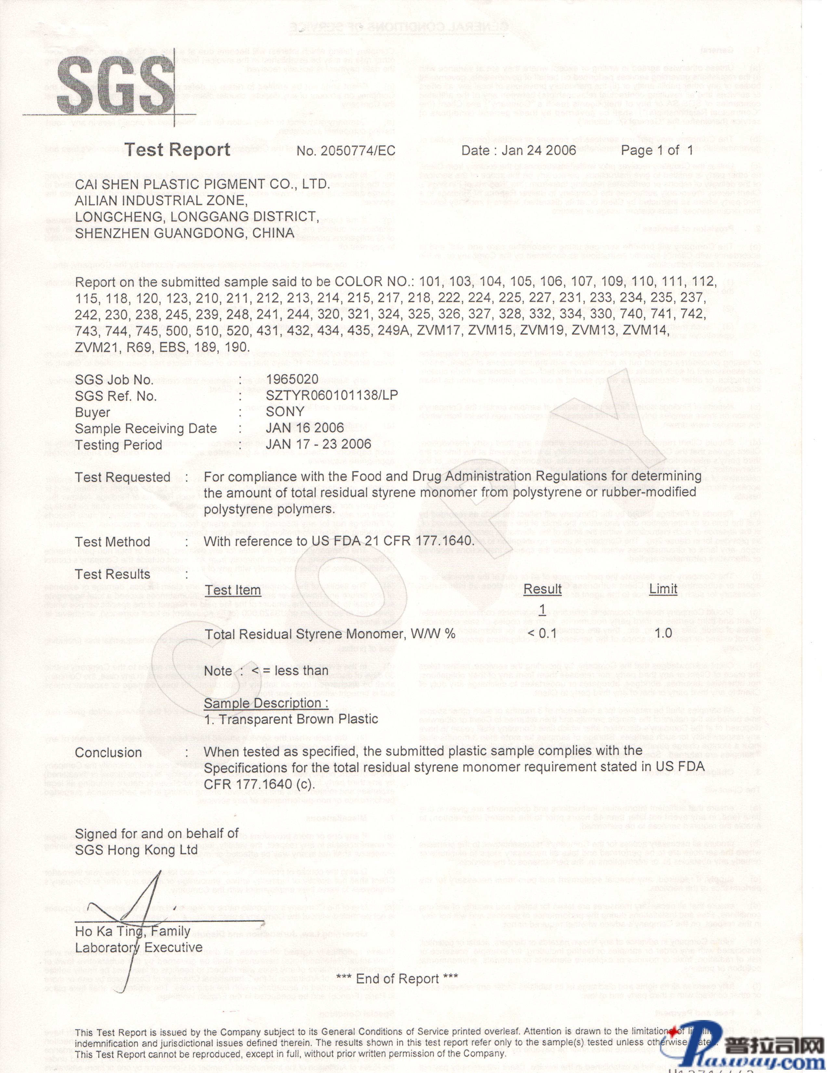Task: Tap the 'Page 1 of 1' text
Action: coord(657,150)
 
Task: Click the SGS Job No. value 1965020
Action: coord(292,379)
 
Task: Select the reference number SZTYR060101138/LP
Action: coord(332,395)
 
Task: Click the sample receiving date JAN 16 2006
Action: coord(305,428)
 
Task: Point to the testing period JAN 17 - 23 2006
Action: coord(318,444)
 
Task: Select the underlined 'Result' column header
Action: coord(542,589)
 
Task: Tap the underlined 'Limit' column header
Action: coord(663,589)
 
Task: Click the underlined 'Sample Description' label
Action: coord(266,703)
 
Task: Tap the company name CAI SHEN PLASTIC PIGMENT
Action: coord(202,184)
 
